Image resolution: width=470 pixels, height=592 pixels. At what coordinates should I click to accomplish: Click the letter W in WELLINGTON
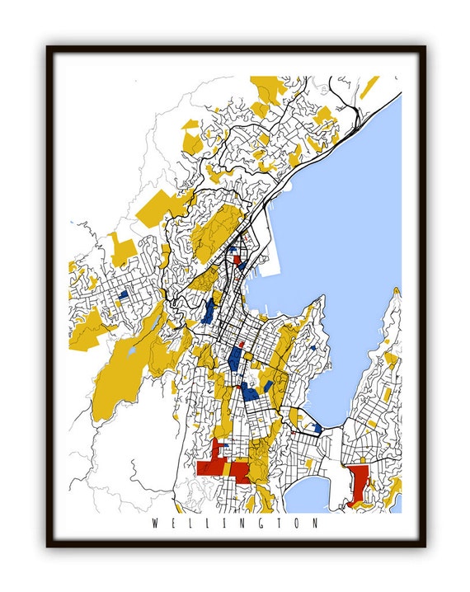pyautogui.click(x=155, y=524)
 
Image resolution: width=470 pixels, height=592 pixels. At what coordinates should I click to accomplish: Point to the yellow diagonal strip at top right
pyautogui.click(x=370, y=87)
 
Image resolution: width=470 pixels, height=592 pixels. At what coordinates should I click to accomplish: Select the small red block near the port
pyautogui.click(x=238, y=259)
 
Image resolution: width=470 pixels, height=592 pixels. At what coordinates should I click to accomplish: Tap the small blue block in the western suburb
pyautogui.click(x=122, y=293)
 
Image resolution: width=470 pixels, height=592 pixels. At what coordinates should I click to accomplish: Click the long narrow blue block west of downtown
pyautogui.click(x=209, y=310)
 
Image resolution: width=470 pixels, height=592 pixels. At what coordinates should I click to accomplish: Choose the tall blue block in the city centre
pyautogui.click(x=236, y=359)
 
